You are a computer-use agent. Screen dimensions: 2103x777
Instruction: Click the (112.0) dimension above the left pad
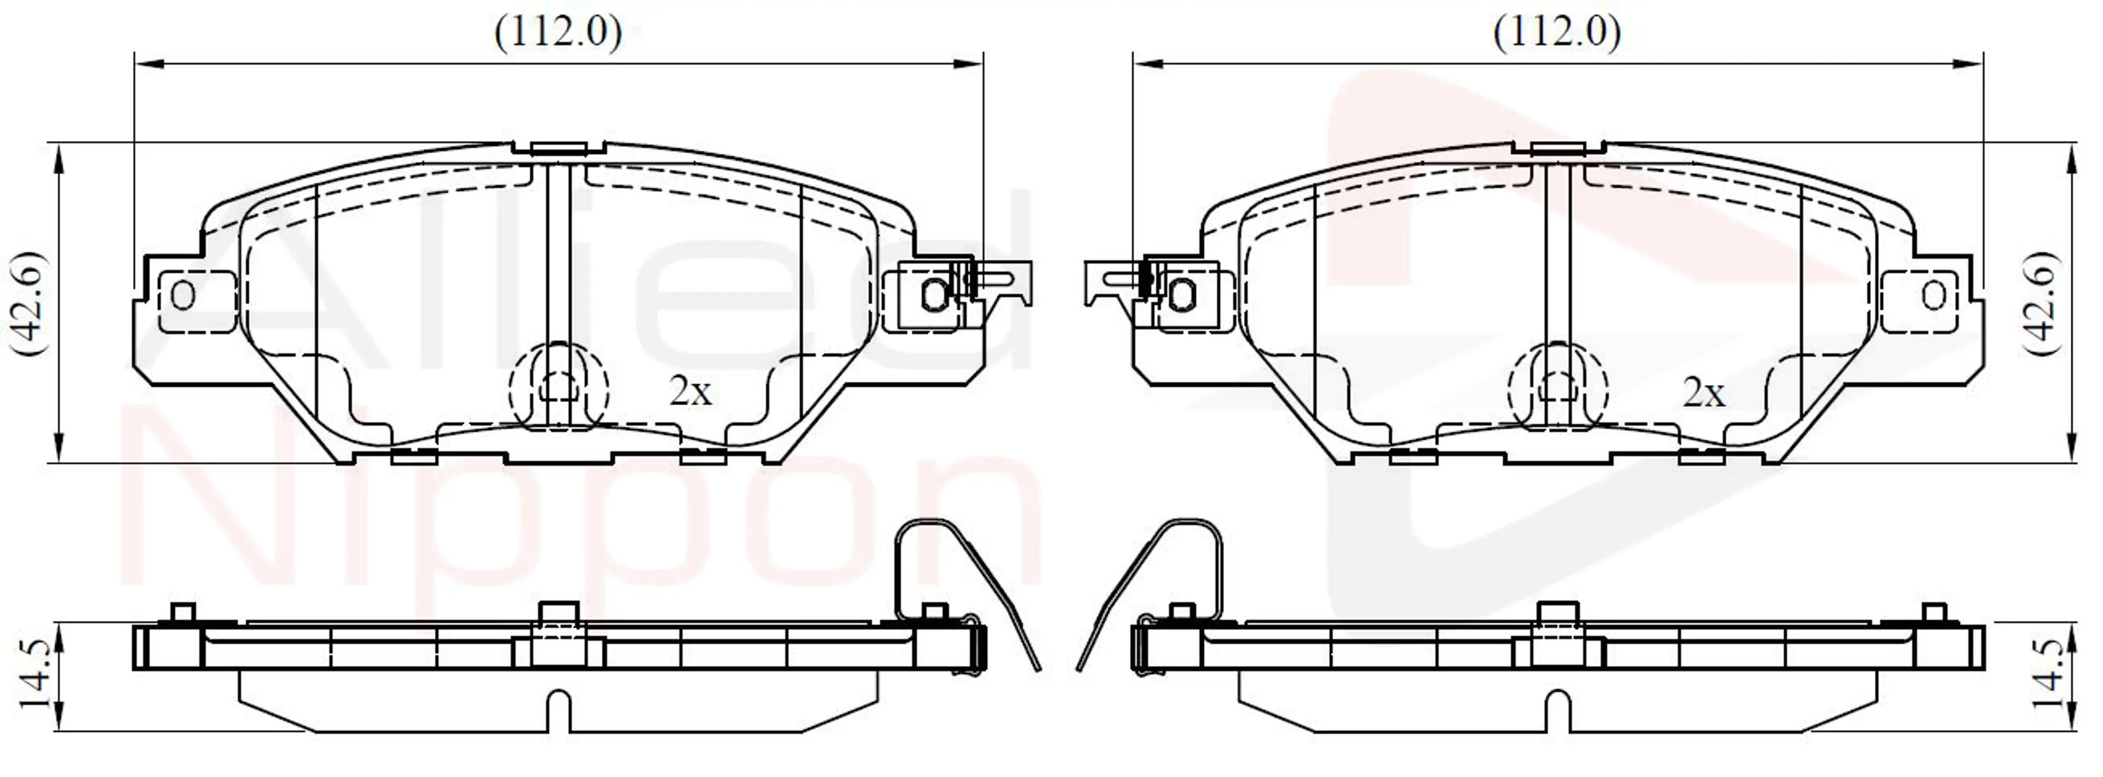559,33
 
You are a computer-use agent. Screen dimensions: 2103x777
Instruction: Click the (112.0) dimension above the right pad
1557,33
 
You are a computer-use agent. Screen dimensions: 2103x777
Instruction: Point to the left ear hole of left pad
183,295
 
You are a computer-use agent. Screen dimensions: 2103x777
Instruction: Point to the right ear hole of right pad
1933,295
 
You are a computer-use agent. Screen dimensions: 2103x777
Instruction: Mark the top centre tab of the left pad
559,148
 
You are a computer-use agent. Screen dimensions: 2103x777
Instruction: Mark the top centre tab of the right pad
1558,148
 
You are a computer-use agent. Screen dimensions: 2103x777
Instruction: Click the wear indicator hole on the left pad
934,294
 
